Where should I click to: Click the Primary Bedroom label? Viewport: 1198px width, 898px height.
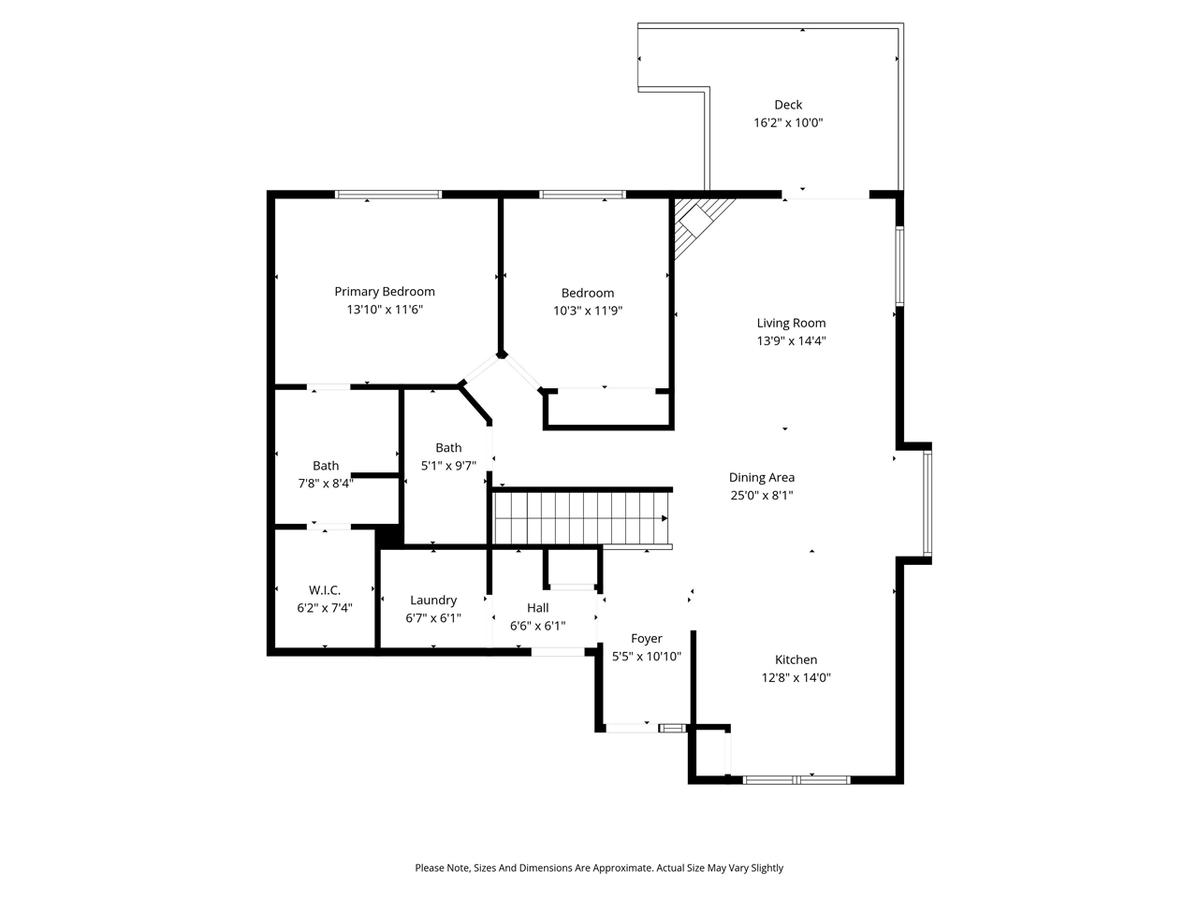[385, 292]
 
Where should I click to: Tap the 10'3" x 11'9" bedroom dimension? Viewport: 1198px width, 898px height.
[588, 311]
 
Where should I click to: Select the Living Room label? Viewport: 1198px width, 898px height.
[791, 324]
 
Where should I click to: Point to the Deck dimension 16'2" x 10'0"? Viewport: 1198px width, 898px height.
[788, 123]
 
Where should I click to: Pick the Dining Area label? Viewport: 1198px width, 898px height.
[761, 478]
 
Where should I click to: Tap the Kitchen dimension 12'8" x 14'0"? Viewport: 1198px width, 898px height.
[796, 678]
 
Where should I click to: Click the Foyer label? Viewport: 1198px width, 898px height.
[646, 639]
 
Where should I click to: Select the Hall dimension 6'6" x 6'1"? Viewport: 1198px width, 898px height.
[537, 626]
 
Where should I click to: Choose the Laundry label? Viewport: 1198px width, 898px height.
[433, 601]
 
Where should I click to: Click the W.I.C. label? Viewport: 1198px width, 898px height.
[325, 590]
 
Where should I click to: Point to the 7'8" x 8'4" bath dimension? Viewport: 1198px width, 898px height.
[326, 484]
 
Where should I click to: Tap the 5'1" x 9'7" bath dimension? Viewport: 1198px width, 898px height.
[448, 466]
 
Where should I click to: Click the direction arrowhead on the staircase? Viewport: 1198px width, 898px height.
[665, 518]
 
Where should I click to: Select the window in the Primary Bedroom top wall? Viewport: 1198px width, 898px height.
[388, 195]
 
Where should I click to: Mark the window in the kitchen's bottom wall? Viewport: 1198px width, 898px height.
[796, 780]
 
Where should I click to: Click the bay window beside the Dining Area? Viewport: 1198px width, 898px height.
[928, 502]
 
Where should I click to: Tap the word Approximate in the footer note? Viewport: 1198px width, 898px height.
[623, 867]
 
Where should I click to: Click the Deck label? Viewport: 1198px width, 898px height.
[788, 105]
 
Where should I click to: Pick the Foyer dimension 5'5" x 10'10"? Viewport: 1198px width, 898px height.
[646, 657]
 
